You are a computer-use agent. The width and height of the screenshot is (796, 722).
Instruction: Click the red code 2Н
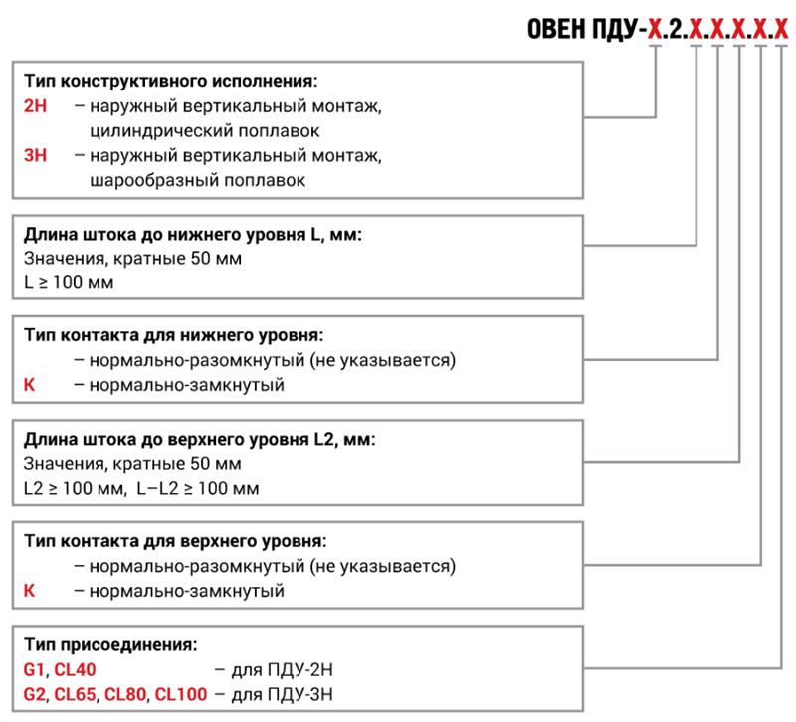point(35,106)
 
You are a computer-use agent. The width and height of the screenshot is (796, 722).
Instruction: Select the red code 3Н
point(35,155)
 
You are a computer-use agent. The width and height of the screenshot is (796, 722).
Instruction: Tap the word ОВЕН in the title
point(556,29)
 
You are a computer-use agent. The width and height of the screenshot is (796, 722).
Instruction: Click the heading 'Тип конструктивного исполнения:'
point(170,81)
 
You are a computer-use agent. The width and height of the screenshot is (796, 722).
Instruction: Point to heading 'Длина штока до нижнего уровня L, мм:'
point(193,235)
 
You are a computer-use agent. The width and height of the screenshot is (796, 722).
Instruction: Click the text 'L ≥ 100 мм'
point(69,282)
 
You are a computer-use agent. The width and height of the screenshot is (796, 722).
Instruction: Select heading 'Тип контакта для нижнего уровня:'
point(173,335)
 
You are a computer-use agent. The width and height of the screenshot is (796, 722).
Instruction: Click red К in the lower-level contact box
point(30,385)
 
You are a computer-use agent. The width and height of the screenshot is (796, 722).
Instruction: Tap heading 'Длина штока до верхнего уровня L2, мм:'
point(200,439)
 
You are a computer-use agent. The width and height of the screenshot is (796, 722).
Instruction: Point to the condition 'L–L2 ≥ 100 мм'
point(198,488)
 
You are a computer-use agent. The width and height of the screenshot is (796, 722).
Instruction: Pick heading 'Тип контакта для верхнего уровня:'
point(175,541)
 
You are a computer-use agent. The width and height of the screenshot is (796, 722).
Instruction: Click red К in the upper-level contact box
point(30,591)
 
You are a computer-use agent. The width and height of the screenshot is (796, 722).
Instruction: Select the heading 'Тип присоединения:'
point(110,644)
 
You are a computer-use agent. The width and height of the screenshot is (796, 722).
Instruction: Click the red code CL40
point(75,669)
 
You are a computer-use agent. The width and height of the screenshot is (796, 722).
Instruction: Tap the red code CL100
point(181,694)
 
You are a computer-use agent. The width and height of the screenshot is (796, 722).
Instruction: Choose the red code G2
point(35,694)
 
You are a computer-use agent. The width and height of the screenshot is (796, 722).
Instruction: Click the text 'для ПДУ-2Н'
point(283,669)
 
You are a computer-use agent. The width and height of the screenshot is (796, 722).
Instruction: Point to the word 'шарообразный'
point(154,180)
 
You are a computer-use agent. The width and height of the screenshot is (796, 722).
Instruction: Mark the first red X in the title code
point(656,29)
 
